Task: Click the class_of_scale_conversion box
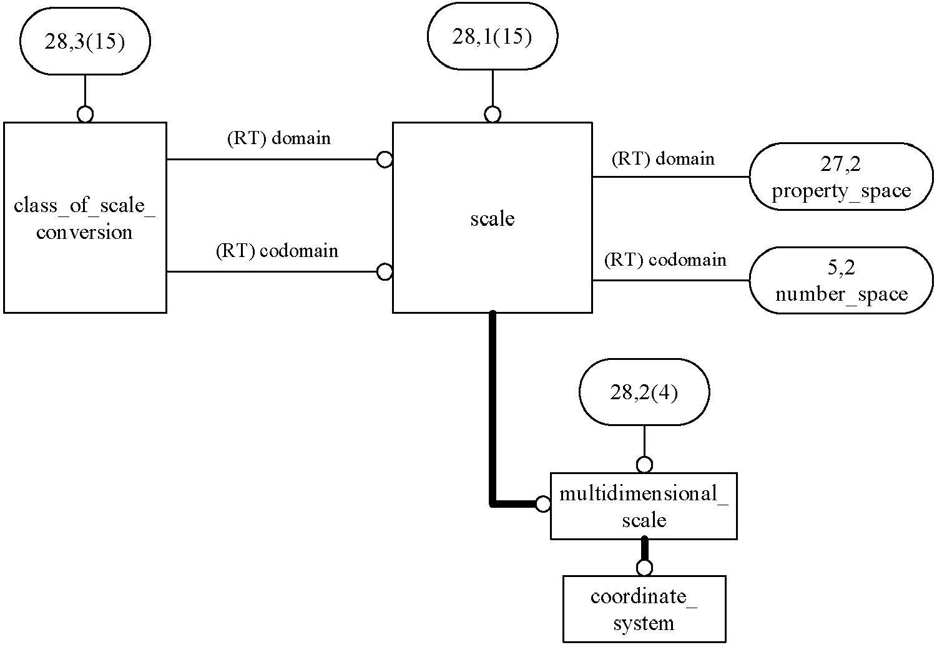click(85, 218)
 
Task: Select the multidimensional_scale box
click(644, 507)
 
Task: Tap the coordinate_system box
click(644, 609)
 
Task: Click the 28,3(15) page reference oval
click(85, 41)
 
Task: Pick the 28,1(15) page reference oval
click(493, 36)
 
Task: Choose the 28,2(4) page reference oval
click(644, 392)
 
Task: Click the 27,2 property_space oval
click(841, 177)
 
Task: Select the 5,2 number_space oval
click(841, 280)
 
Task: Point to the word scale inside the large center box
click(493, 218)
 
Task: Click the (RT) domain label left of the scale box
click(279, 138)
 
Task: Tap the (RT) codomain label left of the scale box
click(277, 250)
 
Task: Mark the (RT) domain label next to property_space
click(663, 158)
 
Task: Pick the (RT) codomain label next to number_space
click(665, 259)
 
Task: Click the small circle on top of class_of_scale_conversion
click(86, 114)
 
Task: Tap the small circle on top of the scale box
click(493, 114)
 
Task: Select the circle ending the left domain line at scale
click(385, 159)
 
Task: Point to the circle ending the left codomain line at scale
click(385, 272)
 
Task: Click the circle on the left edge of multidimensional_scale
click(542, 504)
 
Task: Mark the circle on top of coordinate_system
click(644, 568)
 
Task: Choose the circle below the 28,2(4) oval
click(644, 465)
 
